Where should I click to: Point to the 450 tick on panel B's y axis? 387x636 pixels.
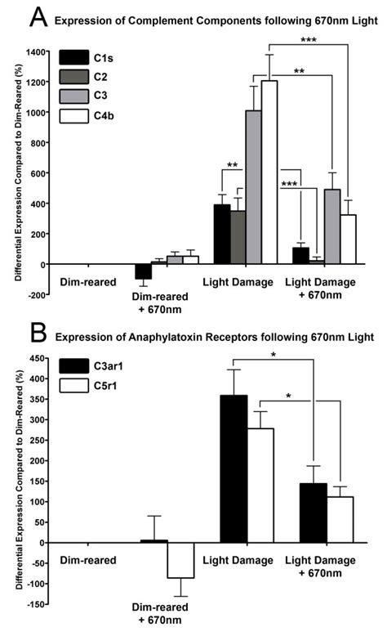click(x=38, y=358)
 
